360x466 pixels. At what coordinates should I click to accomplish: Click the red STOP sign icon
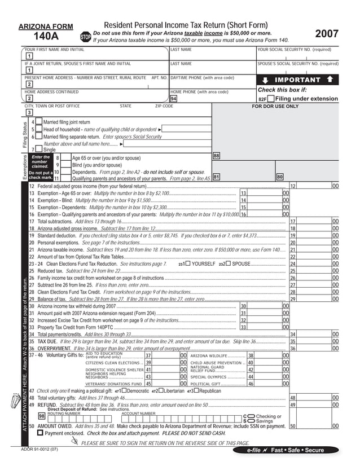pos(86,36)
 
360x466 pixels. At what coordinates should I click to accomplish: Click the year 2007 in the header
pos(327,34)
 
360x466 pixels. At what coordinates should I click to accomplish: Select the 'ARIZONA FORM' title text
pos(46,27)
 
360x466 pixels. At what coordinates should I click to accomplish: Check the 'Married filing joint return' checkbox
pos(39,122)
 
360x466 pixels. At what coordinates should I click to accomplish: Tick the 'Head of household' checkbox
pos(39,129)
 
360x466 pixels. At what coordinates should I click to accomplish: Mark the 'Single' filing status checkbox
pos(39,150)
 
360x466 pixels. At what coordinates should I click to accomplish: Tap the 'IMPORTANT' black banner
pos(297,80)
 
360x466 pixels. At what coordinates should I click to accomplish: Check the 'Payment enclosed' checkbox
pos(40,433)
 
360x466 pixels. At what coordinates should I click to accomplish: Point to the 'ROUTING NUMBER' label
pos(63,413)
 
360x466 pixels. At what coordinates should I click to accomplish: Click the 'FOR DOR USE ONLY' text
pos(275,106)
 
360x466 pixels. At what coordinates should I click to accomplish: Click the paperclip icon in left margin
pos(15,402)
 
